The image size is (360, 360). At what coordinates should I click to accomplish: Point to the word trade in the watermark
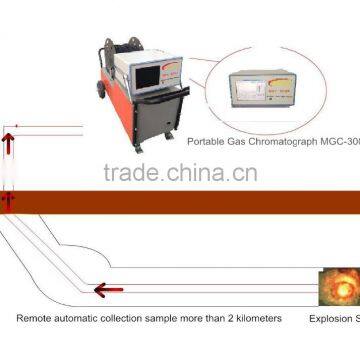tap(129, 173)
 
